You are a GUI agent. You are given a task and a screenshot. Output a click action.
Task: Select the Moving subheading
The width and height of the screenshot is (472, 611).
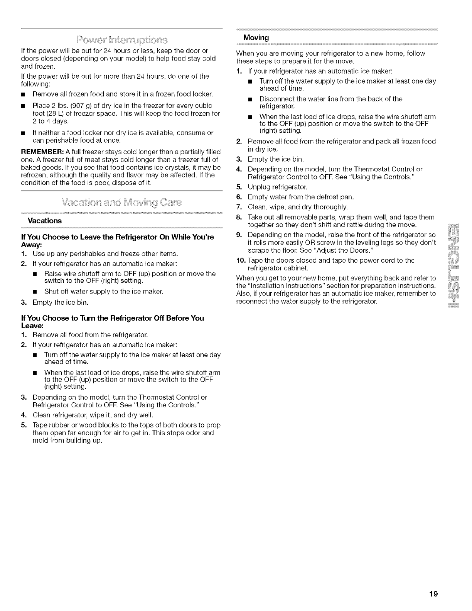(256, 37)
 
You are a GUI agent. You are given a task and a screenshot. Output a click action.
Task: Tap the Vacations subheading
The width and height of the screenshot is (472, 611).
(45, 221)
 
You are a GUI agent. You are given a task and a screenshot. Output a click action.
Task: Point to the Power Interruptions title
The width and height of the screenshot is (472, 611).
(122, 40)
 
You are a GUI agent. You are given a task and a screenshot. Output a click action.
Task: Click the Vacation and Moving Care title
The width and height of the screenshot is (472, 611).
(122, 203)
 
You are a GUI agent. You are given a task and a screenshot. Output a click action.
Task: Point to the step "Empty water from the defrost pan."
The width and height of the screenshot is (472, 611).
(301, 197)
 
